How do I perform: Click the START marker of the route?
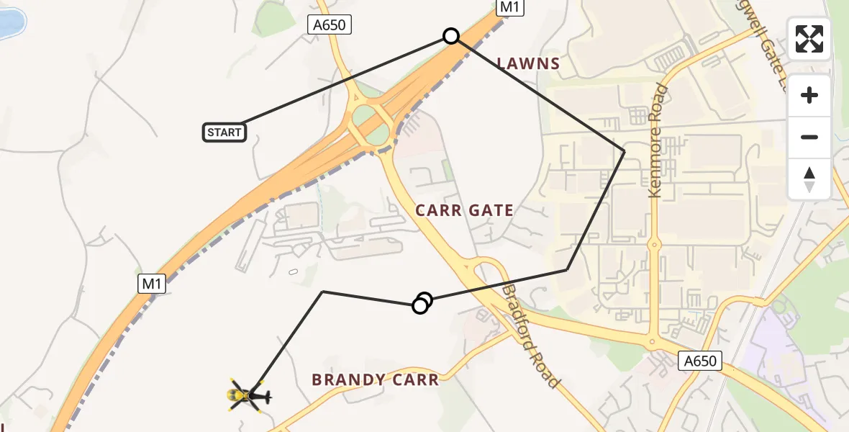click(x=224, y=132)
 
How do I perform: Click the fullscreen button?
click(x=809, y=39)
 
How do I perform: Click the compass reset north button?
click(x=809, y=179)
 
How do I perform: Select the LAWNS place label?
click(x=528, y=63)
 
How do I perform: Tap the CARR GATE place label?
click(x=465, y=210)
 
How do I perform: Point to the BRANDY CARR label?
click(x=375, y=379)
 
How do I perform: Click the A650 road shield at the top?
click(x=330, y=25)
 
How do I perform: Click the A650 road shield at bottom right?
click(x=700, y=361)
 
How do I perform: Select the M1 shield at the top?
click(x=510, y=8)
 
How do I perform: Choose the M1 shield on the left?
click(x=152, y=284)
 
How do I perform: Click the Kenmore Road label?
click(x=657, y=141)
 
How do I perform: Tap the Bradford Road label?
click(x=530, y=336)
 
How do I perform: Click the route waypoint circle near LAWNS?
click(x=451, y=36)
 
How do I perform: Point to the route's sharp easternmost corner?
click(x=625, y=151)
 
